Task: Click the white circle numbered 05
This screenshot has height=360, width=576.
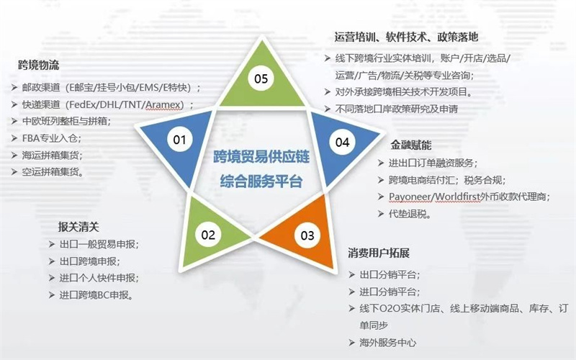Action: [x=261, y=78]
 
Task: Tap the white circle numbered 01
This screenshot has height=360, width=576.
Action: [x=179, y=140]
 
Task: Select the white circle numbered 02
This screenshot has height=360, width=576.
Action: [x=208, y=235]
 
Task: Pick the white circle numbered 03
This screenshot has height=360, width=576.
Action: [x=307, y=235]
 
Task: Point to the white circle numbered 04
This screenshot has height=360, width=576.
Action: [x=342, y=142]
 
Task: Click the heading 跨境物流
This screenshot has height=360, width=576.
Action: [x=39, y=66]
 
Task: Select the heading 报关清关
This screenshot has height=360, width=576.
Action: [x=78, y=227]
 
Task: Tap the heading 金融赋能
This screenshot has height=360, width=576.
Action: [x=411, y=145]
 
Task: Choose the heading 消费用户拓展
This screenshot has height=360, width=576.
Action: [x=379, y=253]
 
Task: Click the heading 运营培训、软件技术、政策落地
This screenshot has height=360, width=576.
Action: [x=406, y=37]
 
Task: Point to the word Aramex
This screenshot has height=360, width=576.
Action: [x=163, y=104]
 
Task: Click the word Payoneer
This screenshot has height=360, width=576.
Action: [x=410, y=197]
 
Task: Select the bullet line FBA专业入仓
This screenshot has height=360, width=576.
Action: [x=52, y=138]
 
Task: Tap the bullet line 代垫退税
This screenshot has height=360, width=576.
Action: [x=410, y=214]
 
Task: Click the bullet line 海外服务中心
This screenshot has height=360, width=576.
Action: [x=388, y=343]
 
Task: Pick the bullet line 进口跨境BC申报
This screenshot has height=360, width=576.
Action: [x=96, y=295]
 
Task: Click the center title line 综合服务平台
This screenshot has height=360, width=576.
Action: [x=261, y=181]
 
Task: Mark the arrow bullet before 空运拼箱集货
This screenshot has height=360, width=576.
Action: [x=14, y=172]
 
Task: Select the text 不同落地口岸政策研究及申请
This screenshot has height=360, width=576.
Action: [x=397, y=109]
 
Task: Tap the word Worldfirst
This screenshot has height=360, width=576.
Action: [x=457, y=197]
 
